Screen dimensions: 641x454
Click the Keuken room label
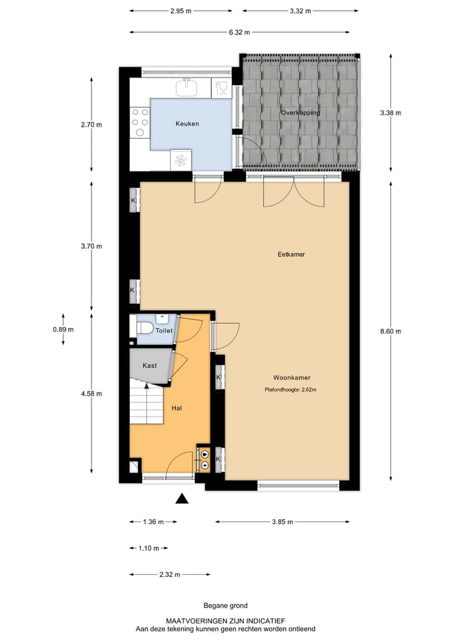tap(187, 124)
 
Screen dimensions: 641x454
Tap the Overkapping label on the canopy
tap(300, 113)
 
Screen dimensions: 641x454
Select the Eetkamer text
tap(291, 255)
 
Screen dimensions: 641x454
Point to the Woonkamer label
tap(292, 378)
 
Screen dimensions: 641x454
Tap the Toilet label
tap(164, 330)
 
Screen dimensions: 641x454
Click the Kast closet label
tap(149, 366)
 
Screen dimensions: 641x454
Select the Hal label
tap(177, 408)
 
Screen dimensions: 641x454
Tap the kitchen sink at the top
tap(186, 88)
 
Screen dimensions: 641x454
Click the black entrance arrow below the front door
tap(182, 499)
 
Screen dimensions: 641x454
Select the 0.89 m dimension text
tap(63, 329)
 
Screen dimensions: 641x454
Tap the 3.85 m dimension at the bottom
tap(282, 522)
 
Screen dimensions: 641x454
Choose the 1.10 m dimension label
tap(149, 548)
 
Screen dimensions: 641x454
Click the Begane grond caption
tap(225, 605)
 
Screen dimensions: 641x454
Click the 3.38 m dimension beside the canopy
tap(391, 113)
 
